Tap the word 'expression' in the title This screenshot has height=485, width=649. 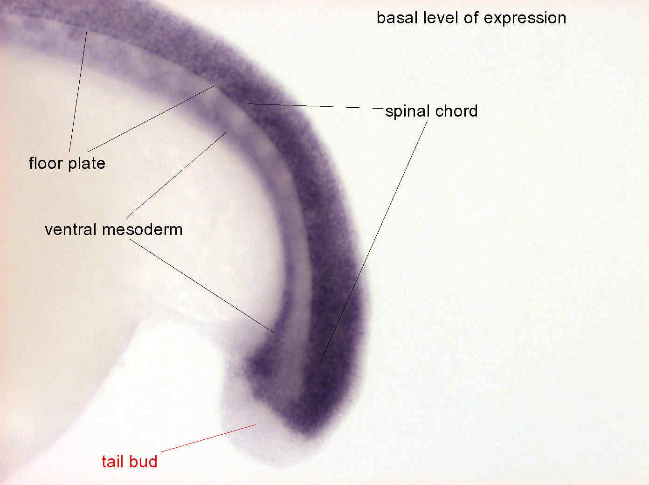coord(525,19)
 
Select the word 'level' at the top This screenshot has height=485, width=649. coord(441,18)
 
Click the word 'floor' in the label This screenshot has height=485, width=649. coord(46,163)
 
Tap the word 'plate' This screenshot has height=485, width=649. coord(87,164)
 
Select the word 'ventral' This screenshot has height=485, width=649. coord(71,229)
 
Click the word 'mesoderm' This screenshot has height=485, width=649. coord(142,230)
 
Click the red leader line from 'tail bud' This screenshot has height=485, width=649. coord(208,438)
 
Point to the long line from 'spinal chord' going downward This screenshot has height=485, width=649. coord(374,242)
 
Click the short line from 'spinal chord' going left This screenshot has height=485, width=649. coord(315,106)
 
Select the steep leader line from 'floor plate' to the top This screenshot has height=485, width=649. coord(78,91)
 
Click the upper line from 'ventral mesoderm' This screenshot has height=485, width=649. coord(177,175)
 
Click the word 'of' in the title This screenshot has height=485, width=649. coord(471,18)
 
